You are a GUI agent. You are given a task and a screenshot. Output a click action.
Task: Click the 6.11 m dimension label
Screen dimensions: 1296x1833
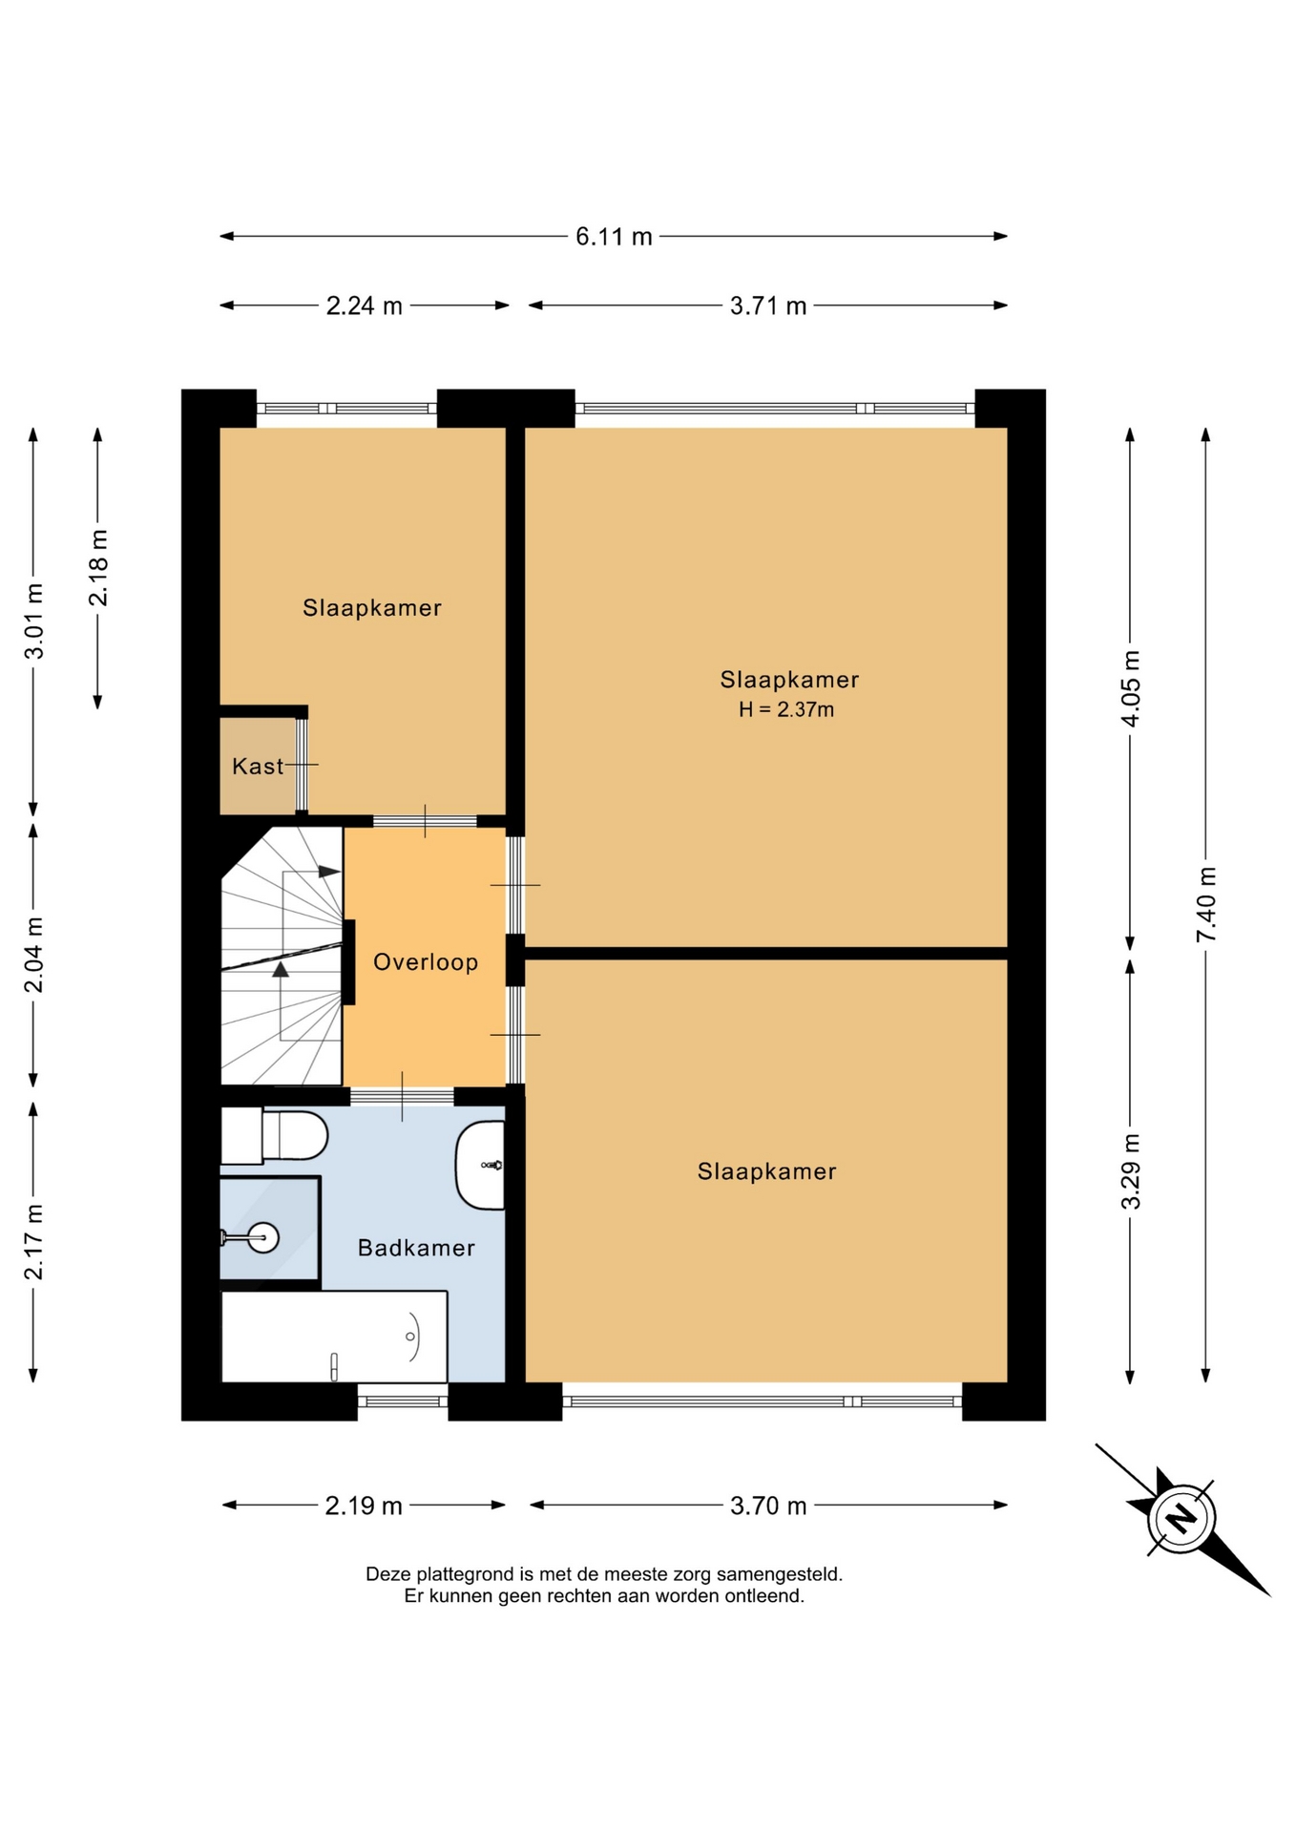(x=614, y=237)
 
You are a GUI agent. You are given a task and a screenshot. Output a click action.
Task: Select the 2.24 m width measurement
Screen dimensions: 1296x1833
(x=364, y=305)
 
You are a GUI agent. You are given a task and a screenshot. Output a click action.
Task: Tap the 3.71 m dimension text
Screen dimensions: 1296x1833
(x=768, y=305)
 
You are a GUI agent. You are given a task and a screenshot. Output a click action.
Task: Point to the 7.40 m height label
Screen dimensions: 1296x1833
(x=1206, y=904)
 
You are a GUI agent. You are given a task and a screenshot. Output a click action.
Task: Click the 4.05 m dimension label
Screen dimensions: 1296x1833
(x=1130, y=688)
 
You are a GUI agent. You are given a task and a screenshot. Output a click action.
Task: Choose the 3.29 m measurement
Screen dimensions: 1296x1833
(x=1130, y=1171)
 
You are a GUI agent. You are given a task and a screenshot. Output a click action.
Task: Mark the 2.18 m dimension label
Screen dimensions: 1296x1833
(x=98, y=567)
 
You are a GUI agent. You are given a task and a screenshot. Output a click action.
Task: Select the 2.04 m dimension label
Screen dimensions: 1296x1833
(x=33, y=955)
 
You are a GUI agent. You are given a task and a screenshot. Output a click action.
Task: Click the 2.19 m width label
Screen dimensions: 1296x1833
(x=364, y=1506)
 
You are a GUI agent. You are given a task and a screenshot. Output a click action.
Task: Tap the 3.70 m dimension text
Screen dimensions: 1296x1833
(x=768, y=1506)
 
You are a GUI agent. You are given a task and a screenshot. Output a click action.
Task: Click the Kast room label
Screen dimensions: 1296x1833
(x=258, y=766)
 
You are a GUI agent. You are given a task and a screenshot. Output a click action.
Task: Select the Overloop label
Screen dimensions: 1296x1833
(x=426, y=961)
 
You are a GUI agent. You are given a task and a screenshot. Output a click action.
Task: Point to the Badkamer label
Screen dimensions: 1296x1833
(x=416, y=1248)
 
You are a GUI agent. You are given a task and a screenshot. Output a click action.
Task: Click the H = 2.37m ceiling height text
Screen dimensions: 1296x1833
(x=786, y=709)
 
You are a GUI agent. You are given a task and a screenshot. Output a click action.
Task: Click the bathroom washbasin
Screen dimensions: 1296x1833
(x=480, y=1166)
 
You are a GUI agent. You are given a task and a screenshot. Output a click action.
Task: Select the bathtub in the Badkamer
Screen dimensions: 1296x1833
(x=334, y=1337)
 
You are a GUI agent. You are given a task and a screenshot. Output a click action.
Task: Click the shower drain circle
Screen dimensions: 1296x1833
(x=263, y=1237)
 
